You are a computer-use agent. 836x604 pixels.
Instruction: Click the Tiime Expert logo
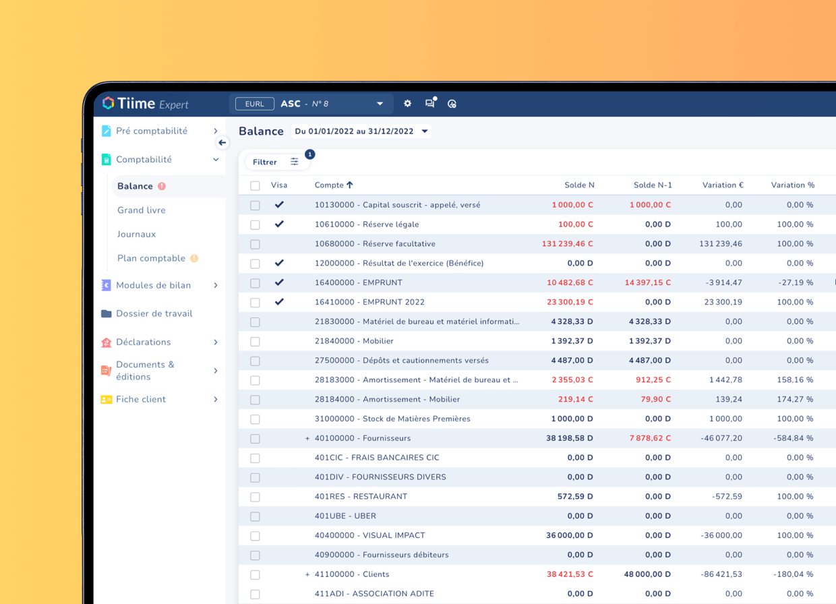145,104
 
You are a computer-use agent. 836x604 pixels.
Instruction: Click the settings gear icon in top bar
407,104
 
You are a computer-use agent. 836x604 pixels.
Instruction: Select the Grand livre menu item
142,210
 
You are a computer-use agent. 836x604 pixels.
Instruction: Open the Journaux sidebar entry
137,235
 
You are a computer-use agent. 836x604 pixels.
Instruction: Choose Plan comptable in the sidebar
151,258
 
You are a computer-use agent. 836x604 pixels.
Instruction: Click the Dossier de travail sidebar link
154,313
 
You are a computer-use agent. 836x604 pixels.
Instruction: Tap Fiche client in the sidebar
140,399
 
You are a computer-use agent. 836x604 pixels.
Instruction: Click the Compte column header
333,185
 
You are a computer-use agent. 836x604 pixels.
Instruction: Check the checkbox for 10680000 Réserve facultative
255,244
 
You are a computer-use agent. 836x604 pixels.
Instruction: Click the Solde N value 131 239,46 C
567,244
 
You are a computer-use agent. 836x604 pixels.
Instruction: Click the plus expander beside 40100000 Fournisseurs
307,439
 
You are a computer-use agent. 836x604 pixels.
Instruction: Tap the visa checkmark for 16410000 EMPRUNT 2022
279,302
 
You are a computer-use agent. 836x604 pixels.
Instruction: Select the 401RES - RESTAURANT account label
361,497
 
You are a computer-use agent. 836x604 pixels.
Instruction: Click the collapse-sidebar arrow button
222,143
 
